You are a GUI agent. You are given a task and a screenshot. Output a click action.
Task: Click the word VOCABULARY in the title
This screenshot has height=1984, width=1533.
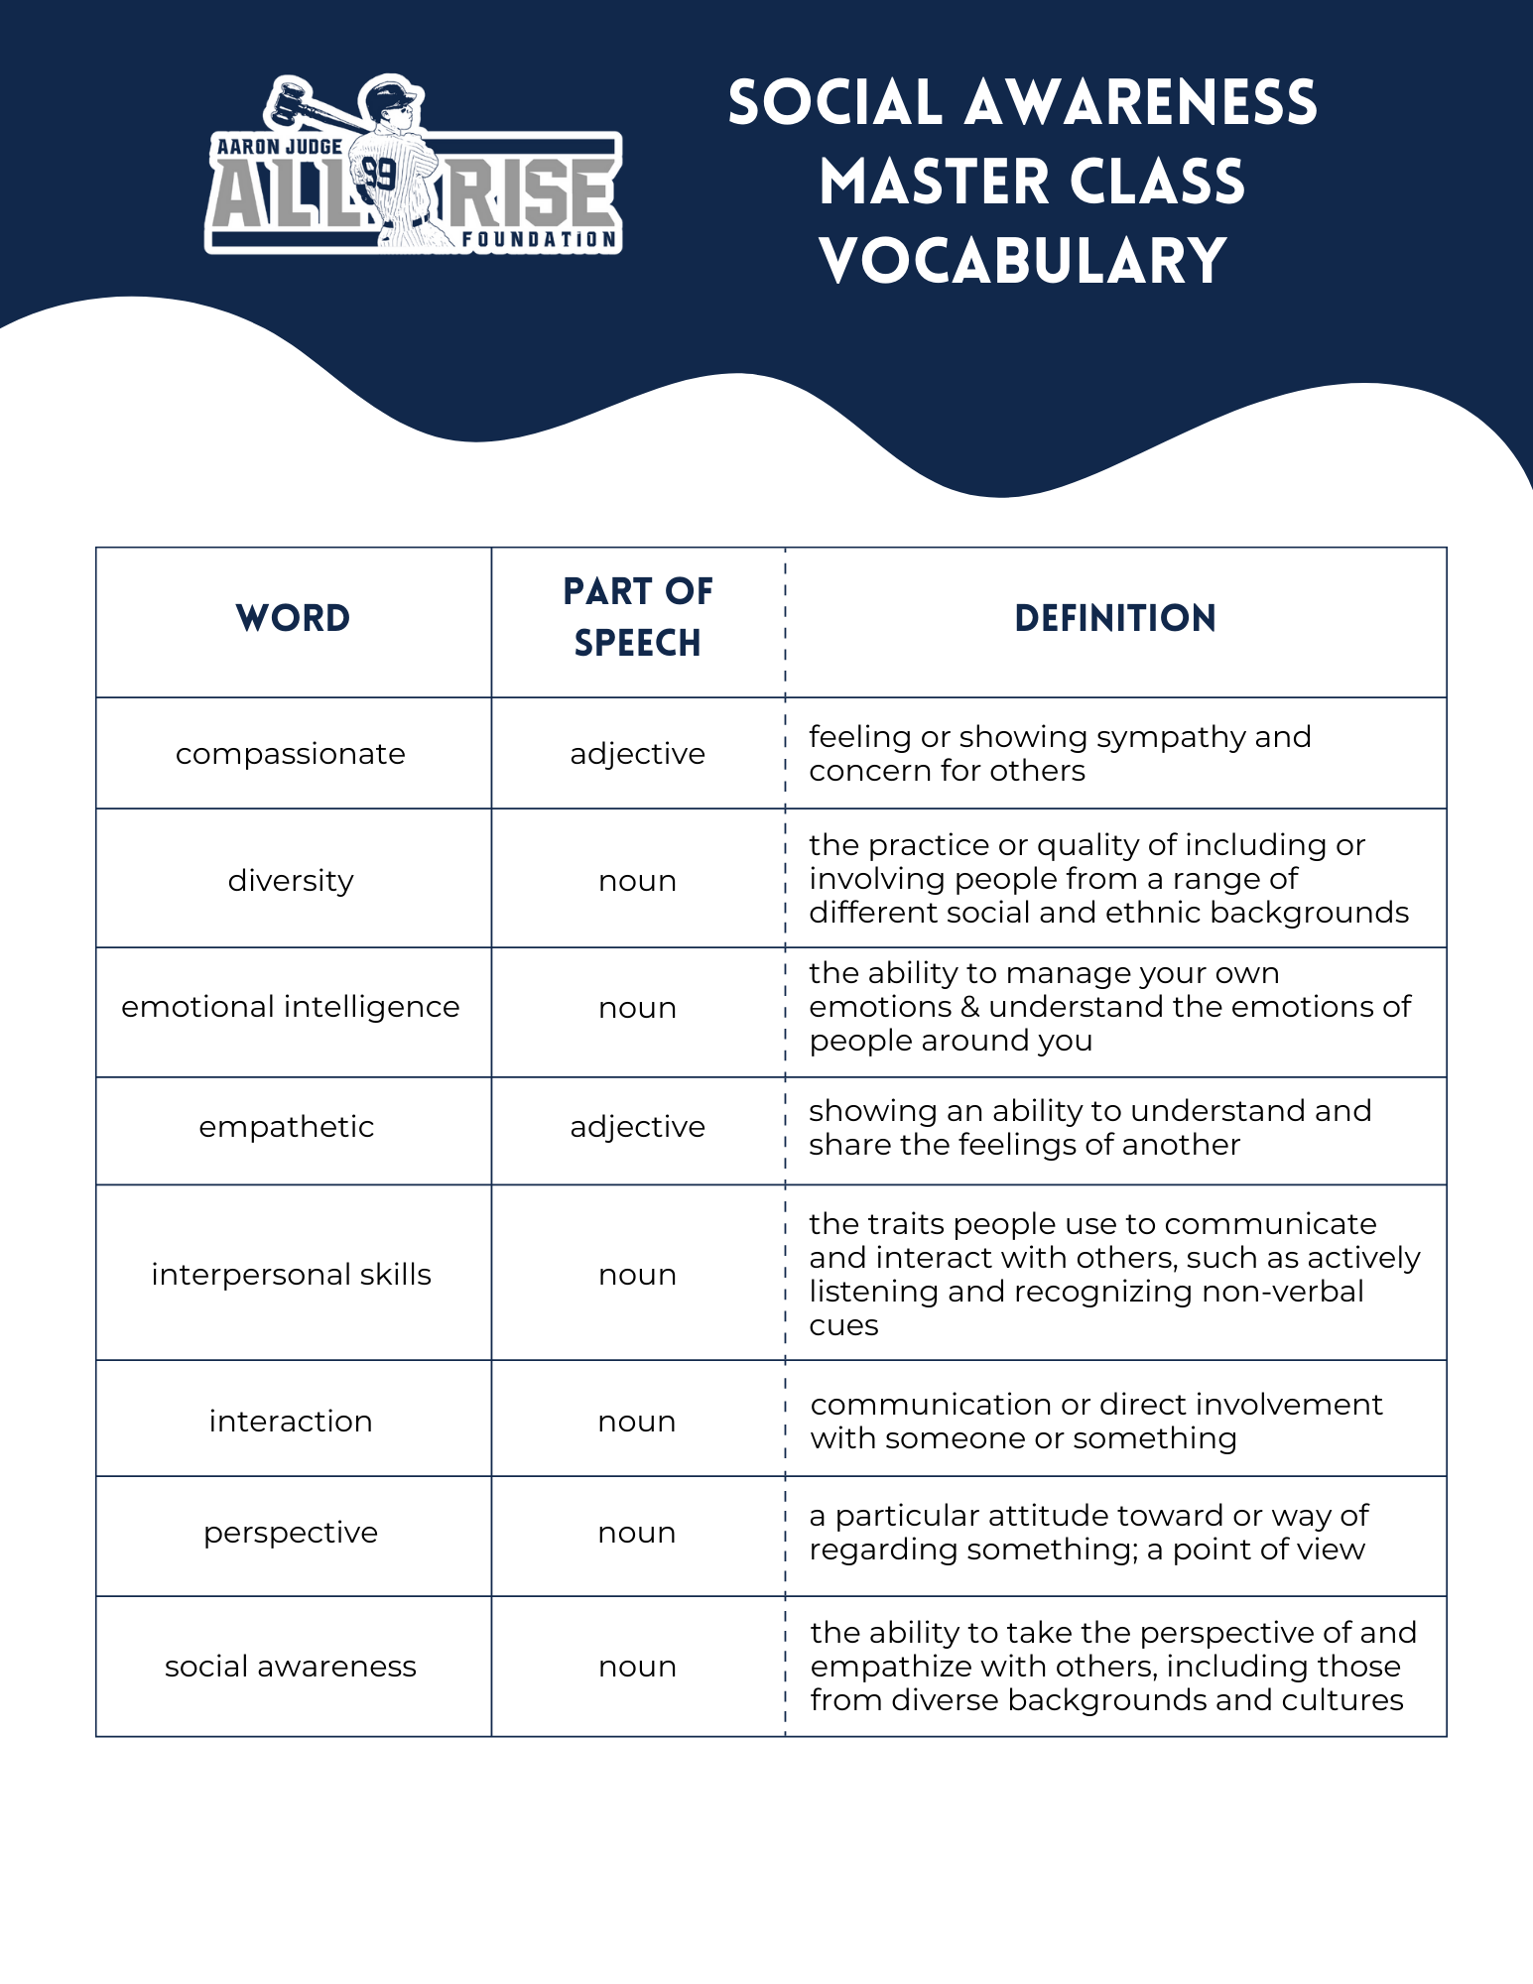[x=1023, y=261]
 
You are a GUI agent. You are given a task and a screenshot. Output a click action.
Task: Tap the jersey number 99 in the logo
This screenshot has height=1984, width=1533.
[x=379, y=175]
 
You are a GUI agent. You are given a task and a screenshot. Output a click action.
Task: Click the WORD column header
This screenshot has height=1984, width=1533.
[x=293, y=618]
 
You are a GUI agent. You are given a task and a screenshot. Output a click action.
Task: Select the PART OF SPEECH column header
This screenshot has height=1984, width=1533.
[x=637, y=617]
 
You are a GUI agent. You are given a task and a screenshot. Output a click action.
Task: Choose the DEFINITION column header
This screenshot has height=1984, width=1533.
[x=1115, y=618]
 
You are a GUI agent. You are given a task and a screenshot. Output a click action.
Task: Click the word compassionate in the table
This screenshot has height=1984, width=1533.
[x=291, y=754]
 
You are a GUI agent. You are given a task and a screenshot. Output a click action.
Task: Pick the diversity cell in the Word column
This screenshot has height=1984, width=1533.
[x=291, y=880]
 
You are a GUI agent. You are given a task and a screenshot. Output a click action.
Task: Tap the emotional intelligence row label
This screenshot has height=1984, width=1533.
[x=291, y=1007]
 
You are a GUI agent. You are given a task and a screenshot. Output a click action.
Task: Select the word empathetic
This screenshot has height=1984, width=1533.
[x=287, y=1127]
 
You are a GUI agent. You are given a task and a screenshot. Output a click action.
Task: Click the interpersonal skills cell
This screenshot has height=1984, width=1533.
[x=291, y=1274]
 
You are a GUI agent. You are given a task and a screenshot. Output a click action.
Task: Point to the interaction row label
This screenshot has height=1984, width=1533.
[x=291, y=1421]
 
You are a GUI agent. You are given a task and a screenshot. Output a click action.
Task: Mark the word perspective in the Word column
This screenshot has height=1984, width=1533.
[x=291, y=1533]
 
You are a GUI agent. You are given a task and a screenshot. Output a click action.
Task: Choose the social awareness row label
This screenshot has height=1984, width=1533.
[x=291, y=1667]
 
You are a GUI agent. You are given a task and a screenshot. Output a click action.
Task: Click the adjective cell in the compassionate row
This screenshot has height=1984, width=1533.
[x=637, y=754]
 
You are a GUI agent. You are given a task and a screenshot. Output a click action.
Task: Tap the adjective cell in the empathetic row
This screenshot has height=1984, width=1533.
[x=637, y=1127]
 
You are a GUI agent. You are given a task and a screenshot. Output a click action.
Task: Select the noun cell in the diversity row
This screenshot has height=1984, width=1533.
[x=637, y=881]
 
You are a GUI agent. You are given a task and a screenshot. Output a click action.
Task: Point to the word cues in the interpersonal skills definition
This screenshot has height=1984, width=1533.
[x=843, y=1325]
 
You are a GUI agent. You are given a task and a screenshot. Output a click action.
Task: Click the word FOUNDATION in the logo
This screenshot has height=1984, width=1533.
[x=539, y=239]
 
